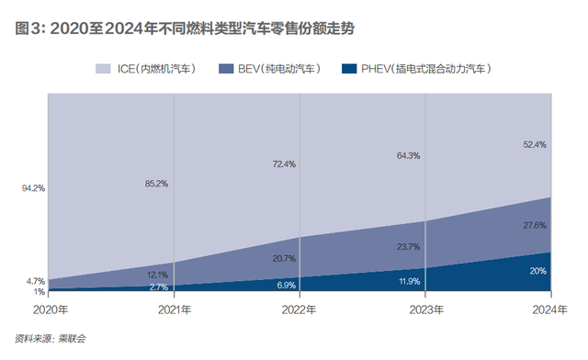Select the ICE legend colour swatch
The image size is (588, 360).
103,69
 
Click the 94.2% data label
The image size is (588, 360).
33,188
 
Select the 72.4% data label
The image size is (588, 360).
283,164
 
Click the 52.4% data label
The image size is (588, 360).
534,144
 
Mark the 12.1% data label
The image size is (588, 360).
156,275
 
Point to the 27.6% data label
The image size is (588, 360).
534,225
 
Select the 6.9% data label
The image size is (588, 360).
286,286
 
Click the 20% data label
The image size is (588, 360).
537,271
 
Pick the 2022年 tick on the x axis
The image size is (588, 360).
300,310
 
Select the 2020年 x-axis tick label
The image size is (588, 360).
51,310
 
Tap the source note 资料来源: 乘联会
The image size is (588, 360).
56,339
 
